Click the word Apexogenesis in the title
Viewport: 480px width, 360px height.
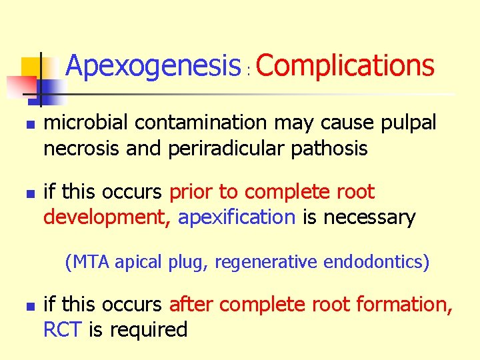[x=153, y=67]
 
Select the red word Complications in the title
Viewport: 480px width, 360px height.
[x=345, y=67]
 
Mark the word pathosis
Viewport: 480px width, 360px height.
[x=331, y=149]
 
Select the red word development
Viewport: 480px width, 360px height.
[x=107, y=217]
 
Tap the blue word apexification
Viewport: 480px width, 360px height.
[x=237, y=217]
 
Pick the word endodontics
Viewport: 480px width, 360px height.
[x=375, y=262]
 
